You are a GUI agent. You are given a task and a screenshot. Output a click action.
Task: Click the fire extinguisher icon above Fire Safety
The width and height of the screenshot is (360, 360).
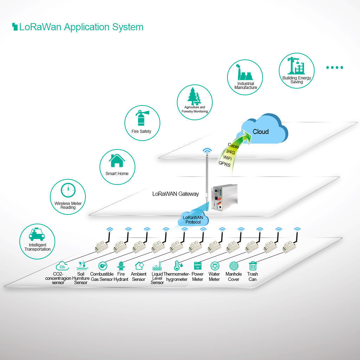142,118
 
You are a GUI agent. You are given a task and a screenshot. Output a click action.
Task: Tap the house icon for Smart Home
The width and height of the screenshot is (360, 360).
117,161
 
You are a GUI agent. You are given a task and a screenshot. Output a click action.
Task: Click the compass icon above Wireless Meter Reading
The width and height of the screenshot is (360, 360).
68,190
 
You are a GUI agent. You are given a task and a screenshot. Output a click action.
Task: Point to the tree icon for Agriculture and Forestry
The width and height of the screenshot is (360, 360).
193,96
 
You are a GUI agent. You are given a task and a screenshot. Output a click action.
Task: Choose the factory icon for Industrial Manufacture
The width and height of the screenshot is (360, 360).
245,72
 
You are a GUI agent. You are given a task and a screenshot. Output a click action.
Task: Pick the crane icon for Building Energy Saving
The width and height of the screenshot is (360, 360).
296,65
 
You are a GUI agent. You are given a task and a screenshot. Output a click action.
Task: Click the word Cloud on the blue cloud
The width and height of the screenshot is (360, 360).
261,132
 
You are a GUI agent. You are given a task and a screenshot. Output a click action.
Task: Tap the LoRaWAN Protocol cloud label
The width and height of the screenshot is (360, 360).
193,220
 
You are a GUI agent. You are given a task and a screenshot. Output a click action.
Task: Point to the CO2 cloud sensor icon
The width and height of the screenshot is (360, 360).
62,266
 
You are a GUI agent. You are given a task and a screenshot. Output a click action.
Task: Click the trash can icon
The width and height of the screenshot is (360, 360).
252,266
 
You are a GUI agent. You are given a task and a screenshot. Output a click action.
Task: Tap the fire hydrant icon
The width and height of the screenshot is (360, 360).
121,266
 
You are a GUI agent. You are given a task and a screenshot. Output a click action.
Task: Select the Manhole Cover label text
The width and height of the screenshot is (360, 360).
233,277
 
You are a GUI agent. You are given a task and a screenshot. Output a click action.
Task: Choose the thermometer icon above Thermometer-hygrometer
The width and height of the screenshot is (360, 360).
177,266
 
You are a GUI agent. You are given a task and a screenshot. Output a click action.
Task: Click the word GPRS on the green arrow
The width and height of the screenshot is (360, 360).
225,163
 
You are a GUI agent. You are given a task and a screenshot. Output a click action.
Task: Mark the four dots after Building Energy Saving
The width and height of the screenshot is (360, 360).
334,67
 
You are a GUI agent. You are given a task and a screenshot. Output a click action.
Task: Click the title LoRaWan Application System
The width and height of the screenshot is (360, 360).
81,27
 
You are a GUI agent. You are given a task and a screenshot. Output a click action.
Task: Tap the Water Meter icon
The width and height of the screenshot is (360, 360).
214,266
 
